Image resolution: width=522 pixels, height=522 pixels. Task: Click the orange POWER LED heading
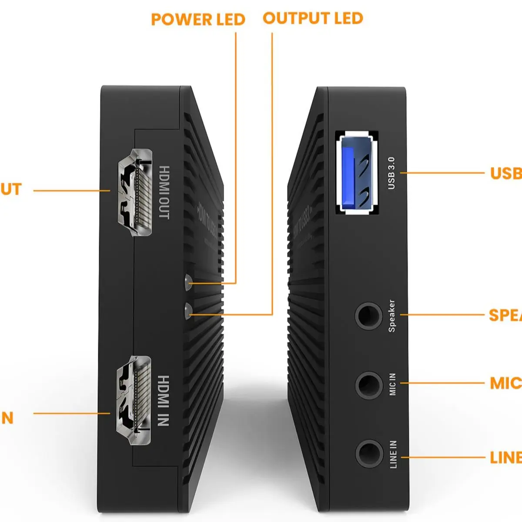tap(198, 20)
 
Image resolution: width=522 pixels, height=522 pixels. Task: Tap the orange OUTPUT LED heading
tap(313, 18)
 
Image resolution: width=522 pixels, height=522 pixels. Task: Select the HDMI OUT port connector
tap(134, 193)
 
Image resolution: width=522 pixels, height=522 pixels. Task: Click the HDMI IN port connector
tap(134, 400)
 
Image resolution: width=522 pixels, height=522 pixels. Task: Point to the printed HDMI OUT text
tap(164, 192)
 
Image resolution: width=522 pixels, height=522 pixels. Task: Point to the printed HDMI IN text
tap(163, 400)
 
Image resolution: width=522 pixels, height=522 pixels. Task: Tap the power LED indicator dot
tap(188, 283)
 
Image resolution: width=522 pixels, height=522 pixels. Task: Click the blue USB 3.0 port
tap(357, 174)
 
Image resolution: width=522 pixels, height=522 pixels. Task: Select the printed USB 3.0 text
tap(391, 173)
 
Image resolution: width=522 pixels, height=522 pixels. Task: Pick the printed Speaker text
tap(391, 315)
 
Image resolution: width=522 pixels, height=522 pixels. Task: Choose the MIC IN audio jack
tap(368, 384)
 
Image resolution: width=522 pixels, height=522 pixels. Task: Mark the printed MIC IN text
tap(392, 384)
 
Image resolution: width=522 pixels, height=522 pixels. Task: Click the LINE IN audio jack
tap(368, 454)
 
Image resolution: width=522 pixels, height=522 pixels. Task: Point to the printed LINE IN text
tap(393, 454)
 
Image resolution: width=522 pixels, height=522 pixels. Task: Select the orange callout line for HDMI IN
tap(72, 413)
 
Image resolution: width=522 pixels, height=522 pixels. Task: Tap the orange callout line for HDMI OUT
tap(72, 191)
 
